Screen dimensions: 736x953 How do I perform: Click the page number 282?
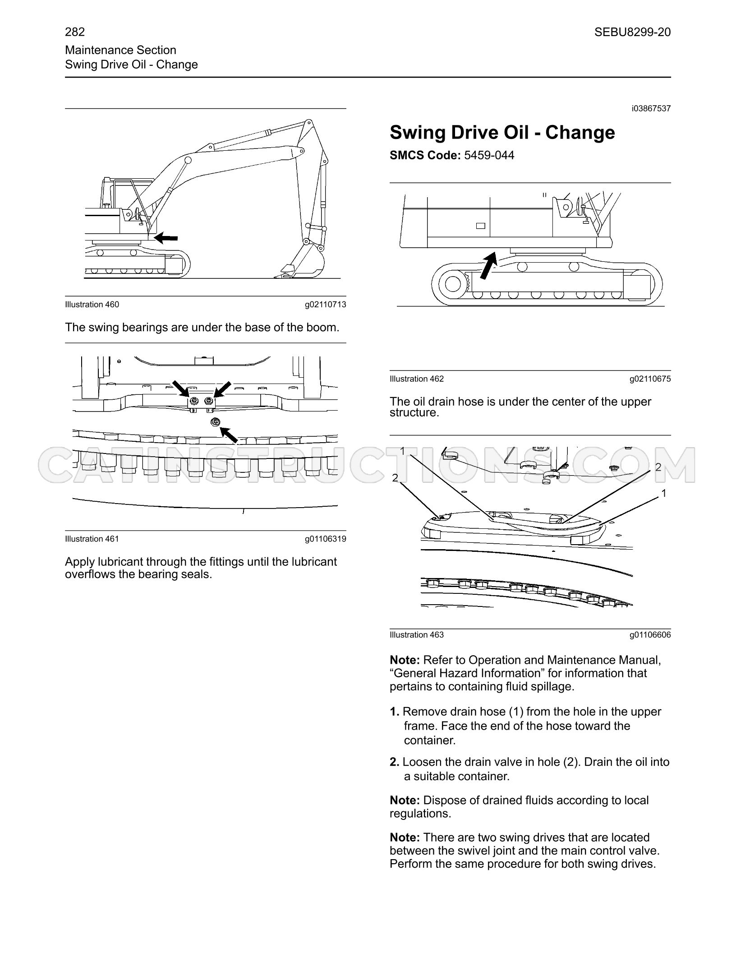pos(75,32)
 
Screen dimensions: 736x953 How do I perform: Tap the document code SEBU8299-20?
pos(632,32)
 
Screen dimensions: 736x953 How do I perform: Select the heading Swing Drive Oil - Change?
pos(502,133)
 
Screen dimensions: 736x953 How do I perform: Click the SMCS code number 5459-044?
pos(489,156)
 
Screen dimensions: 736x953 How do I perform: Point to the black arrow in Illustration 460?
pos(166,237)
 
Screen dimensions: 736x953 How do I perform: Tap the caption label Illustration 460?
pos(92,305)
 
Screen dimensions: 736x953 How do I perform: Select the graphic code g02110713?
pos(326,305)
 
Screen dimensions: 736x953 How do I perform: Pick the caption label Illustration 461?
pos(92,539)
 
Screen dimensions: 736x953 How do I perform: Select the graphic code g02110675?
pos(650,379)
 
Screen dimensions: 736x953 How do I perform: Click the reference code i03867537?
pos(651,109)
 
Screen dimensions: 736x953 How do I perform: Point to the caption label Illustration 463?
pos(417,635)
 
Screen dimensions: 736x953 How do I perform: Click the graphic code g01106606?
pos(650,635)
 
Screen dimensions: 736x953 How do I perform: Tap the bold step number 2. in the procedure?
pos(395,762)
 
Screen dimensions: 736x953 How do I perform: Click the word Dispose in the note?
pos(445,801)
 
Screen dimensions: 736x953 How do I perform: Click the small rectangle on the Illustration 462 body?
pos(480,226)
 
